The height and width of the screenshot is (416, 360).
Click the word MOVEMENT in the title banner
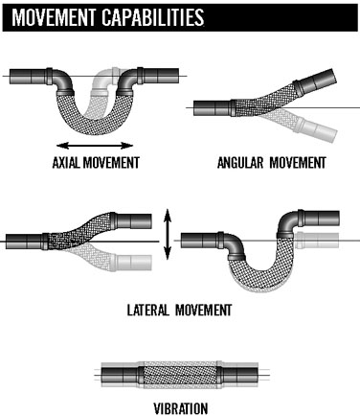[x=54, y=17]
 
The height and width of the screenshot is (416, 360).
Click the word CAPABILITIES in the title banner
[x=153, y=17]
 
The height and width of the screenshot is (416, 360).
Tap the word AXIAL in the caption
[x=66, y=163]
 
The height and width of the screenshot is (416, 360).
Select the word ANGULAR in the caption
[x=240, y=163]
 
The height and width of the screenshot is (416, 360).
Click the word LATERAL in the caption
[x=148, y=310]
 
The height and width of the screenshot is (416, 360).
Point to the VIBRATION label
[x=181, y=408]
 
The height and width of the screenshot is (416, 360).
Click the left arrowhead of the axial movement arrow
[x=62, y=146]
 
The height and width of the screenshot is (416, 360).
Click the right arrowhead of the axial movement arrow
[x=127, y=146]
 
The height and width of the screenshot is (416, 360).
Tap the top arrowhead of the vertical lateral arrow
[x=168, y=215]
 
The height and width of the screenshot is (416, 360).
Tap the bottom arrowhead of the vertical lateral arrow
[x=168, y=253]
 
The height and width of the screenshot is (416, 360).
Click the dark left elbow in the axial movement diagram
[x=62, y=81]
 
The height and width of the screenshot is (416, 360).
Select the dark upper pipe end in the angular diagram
[x=315, y=83]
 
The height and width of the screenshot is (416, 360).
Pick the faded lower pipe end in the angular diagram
[x=316, y=128]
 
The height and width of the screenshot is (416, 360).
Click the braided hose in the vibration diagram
[x=180, y=374]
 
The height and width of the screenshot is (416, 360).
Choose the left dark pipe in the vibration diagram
[x=121, y=374]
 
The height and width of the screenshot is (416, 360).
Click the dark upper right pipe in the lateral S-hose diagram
[x=131, y=221]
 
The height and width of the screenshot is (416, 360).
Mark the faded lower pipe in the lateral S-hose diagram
[x=131, y=263]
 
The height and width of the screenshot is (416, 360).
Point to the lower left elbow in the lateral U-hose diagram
[x=233, y=245]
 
